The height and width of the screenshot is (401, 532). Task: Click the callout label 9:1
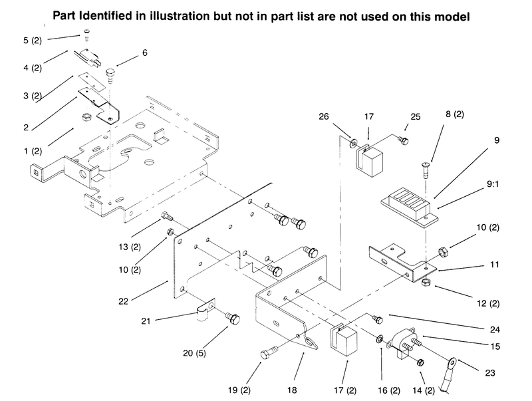(493, 184)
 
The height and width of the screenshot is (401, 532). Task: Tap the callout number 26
(324, 116)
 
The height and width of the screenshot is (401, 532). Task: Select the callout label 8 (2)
(455, 114)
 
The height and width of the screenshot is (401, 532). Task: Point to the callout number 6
(145, 53)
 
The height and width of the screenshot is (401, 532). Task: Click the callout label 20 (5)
(194, 353)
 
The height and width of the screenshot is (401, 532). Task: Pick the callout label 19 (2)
(239, 390)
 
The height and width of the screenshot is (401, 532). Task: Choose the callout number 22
(124, 301)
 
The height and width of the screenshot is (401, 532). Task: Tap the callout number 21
(146, 321)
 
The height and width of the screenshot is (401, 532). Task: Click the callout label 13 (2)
(130, 247)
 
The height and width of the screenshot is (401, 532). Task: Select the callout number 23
(490, 373)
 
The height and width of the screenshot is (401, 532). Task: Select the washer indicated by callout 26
(353, 142)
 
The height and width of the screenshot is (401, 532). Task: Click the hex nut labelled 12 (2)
(426, 282)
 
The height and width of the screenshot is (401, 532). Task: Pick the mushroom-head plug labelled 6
(110, 76)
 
